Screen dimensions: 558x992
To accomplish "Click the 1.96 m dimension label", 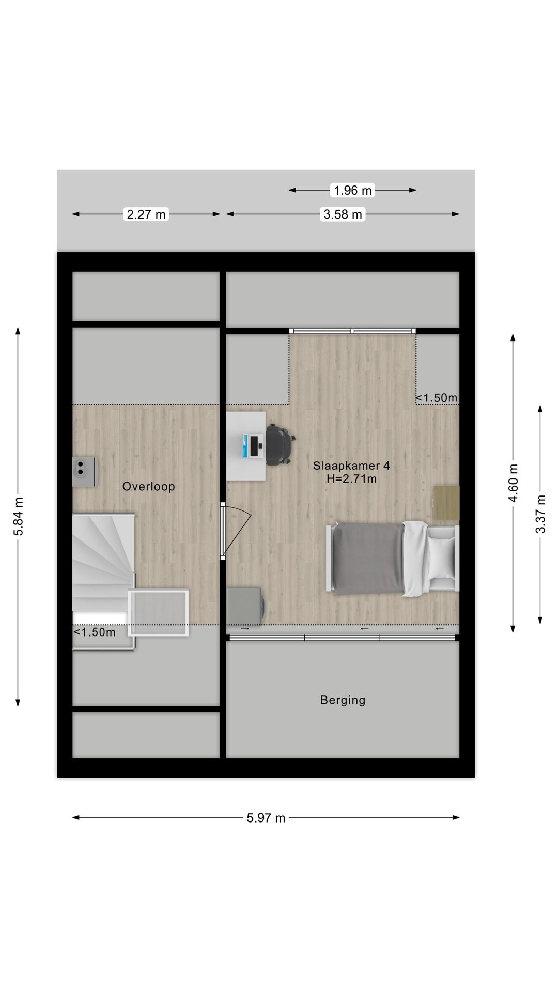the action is click(x=353, y=191).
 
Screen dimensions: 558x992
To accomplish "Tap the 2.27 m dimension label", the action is click(x=146, y=214).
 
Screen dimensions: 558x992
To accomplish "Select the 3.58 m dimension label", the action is click(x=343, y=214).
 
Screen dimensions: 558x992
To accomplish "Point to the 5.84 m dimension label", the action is click(x=18, y=517).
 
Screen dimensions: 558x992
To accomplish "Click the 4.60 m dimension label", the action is click(x=513, y=483).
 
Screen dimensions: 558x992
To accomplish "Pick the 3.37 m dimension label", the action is click(x=540, y=514).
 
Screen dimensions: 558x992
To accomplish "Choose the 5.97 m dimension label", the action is click(x=266, y=818).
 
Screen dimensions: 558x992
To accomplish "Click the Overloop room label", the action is click(x=149, y=487).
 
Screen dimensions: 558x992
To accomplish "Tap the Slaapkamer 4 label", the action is click(x=351, y=466).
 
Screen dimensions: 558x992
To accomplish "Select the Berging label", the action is click(x=343, y=700).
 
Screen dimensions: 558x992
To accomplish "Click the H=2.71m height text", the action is click(x=351, y=479).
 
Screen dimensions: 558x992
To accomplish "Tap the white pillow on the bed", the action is click(x=441, y=558).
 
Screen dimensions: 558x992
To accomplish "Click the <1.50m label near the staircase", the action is click(x=95, y=632).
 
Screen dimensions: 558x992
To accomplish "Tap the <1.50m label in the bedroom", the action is click(x=437, y=398).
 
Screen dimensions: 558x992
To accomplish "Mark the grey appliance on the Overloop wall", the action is click(x=84, y=472).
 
